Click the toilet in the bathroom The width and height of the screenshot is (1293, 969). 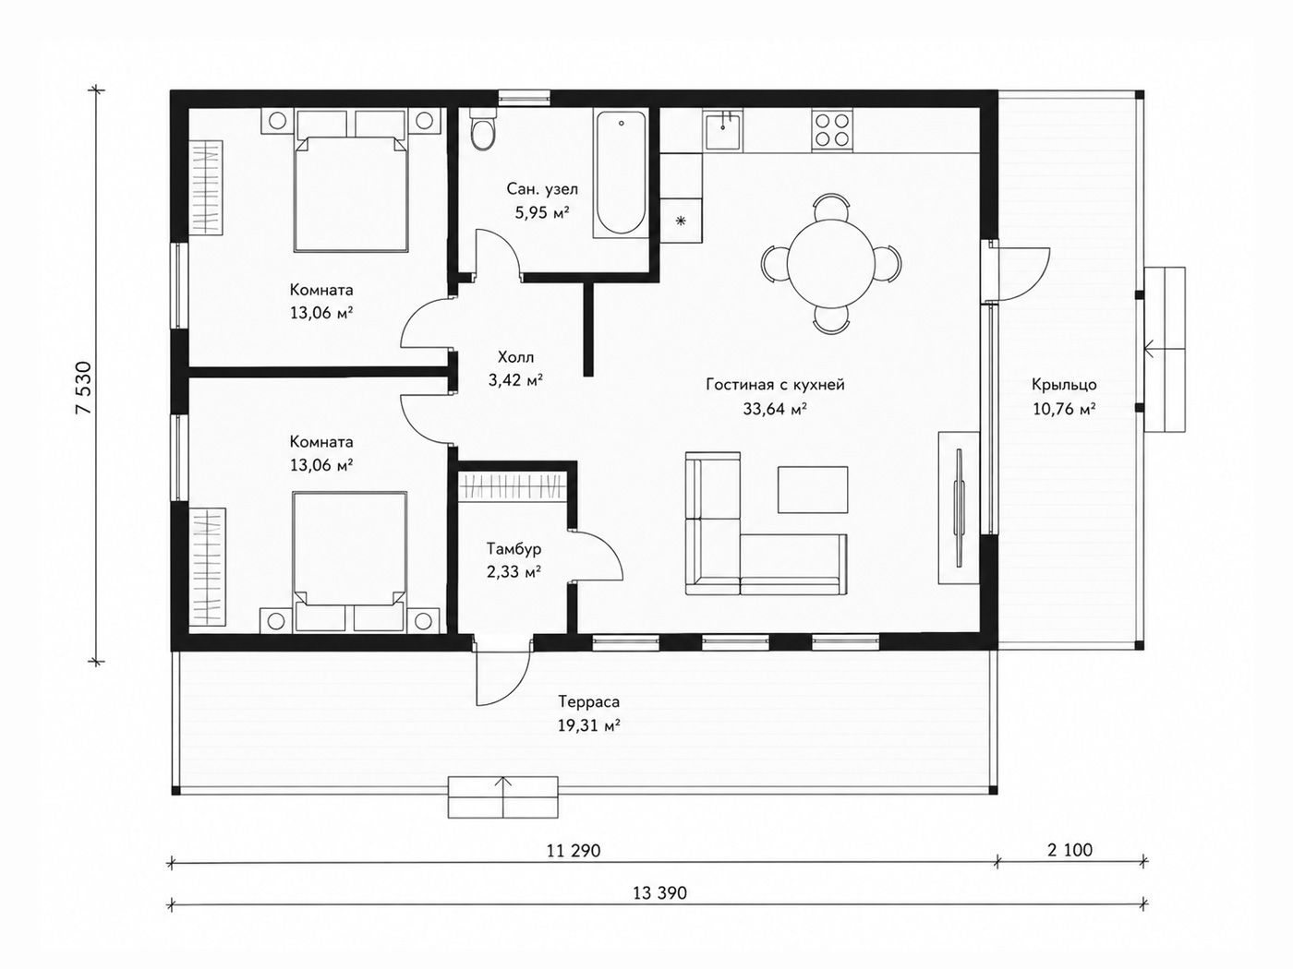[x=483, y=131]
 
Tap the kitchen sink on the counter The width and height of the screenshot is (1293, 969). [x=722, y=130]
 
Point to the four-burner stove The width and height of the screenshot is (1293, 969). [x=832, y=130]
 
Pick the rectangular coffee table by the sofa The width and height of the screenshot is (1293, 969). [x=813, y=489]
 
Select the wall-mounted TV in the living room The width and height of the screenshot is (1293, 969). [x=959, y=508]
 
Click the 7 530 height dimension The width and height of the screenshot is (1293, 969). [x=84, y=389]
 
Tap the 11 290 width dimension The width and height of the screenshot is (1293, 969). [x=574, y=851]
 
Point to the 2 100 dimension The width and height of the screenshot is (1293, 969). [x=1069, y=850]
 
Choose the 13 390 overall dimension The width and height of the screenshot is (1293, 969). [x=659, y=893]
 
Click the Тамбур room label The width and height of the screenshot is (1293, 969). [x=514, y=549]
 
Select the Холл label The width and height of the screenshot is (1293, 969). [x=515, y=357]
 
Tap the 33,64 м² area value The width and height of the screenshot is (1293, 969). [x=775, y=408]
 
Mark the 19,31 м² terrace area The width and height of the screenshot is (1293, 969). [x=589, y=725]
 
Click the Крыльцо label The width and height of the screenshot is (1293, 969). [x=1064, y=385]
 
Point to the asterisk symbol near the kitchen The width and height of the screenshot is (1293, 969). [x=681, y=221]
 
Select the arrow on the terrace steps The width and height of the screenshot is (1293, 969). [x=502, y=796]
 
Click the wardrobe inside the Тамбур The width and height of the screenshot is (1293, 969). [x=513, y=486]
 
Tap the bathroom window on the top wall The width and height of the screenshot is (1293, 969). [x=525, y=98]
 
